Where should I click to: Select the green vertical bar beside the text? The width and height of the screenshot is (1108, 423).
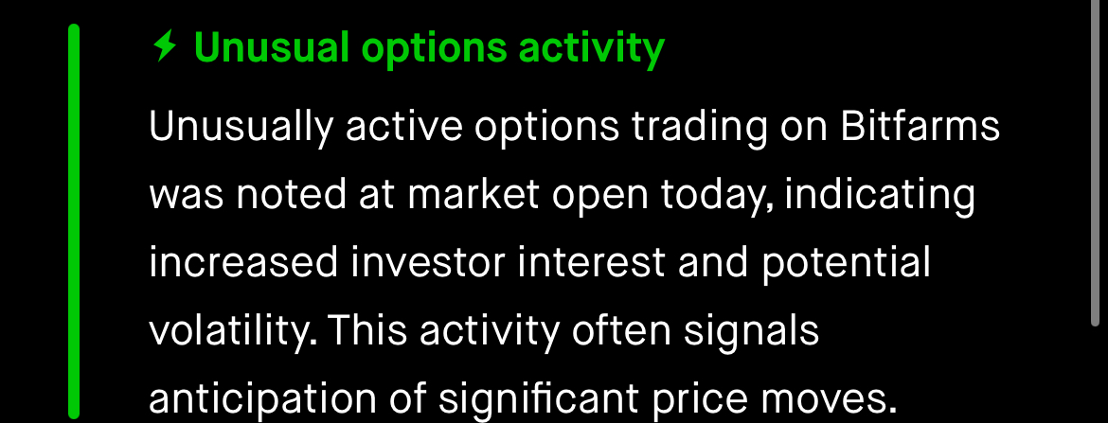point(74,221)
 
